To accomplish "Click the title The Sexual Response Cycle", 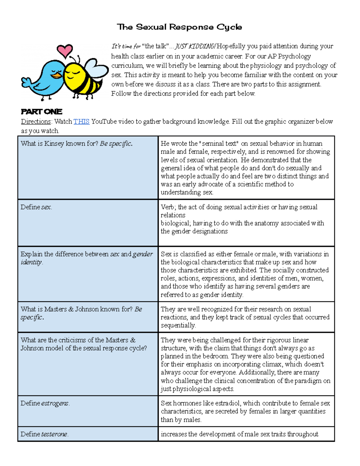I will [x=179, y=27].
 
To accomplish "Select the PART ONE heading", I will [x=41, y=112].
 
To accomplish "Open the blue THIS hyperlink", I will [x=81, y=122].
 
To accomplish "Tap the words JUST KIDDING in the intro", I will [x=195, y=46].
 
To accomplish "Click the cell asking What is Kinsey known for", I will [x=76, y=144].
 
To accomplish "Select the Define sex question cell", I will [x=36, y=207].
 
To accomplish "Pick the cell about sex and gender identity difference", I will [x=86, y=258].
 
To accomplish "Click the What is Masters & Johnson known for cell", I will [x=81, y=313].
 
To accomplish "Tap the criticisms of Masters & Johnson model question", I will [x=83, y=344].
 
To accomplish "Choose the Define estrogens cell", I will [x=45, y=403].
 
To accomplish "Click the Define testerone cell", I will [x=44, y=434].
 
